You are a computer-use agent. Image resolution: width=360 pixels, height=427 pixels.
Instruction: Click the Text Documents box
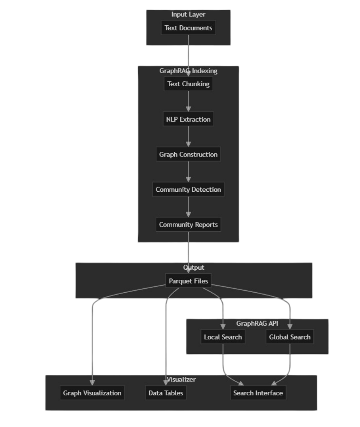(188, 28)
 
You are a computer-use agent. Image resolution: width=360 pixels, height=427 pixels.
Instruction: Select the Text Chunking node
(188, 84)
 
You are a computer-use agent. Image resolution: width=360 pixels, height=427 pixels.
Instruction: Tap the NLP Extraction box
(188, 119)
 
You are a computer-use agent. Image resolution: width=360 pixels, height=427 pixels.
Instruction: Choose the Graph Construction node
(188, 155)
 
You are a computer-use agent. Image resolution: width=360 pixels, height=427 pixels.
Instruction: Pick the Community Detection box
(188, 189)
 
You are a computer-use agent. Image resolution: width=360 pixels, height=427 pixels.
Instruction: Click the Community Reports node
(188, 225)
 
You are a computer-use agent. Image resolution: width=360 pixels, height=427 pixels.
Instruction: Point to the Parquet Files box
(188, 281)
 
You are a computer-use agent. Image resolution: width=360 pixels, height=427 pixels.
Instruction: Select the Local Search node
(223, 337)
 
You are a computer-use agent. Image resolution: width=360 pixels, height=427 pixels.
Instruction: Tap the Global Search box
(290, 337)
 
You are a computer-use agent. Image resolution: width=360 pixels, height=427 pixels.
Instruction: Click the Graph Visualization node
(92, 393)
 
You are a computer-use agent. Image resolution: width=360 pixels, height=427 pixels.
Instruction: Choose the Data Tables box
(166, 393)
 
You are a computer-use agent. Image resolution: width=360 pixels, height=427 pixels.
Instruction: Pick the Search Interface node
(258, 393)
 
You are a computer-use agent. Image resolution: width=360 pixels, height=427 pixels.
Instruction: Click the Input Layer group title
(188, 15)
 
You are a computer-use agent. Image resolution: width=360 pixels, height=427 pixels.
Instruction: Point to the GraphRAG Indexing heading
(188, 71)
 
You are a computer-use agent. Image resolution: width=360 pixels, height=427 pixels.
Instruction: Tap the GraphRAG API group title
(257, 323)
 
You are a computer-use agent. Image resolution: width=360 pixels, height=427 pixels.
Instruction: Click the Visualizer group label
(181, 380)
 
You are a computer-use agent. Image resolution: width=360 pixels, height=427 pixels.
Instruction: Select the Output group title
(194, 268)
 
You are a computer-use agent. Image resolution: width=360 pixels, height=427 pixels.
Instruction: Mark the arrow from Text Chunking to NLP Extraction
(188, 102)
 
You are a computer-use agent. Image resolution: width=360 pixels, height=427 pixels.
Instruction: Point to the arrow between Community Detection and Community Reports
(188, 207)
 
